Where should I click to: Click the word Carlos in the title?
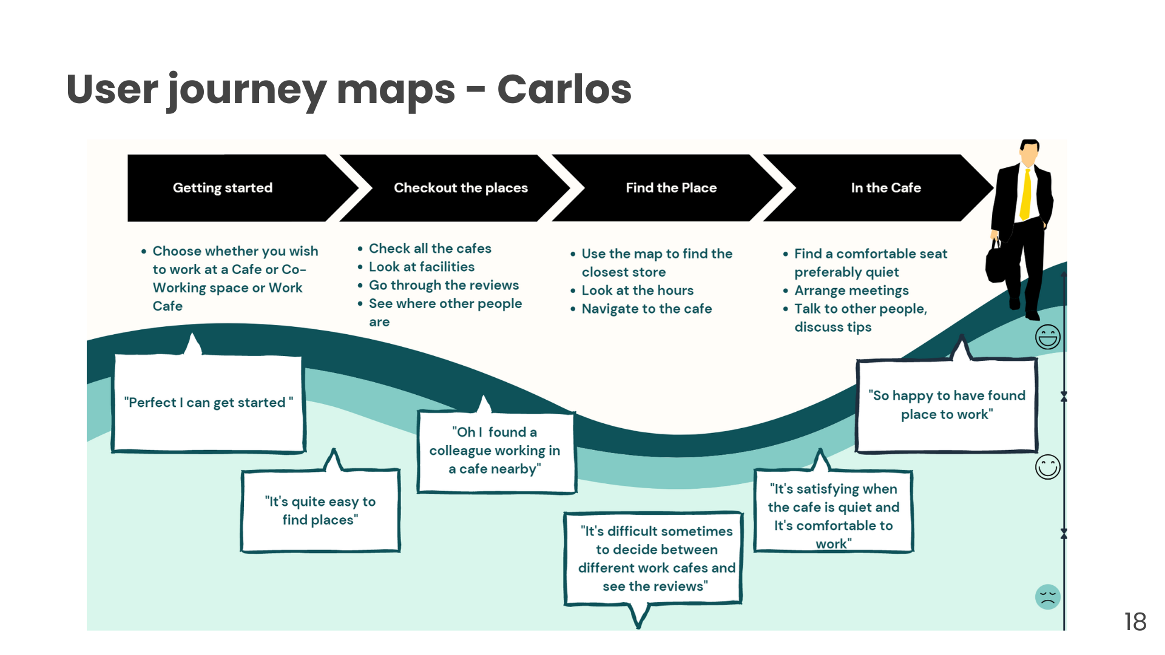(x=564, y=89)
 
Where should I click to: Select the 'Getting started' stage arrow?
(x=223, y=188)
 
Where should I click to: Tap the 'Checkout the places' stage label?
(x=461, y=188)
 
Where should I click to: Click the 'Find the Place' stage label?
(x=671, y=188)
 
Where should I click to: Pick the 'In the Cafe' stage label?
(x=885, y=188)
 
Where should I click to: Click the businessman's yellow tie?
(x=1026, y=194)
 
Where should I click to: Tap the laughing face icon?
(x=1048, y=337)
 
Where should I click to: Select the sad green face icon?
(x=1048, y=597)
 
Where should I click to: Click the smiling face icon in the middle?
(x=1048, y=467)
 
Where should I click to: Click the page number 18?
(x=1135, y=622)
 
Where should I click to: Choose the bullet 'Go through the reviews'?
(x=444, y=285)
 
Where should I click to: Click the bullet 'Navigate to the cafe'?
(x=646, y=309)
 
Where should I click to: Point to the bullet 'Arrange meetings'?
(x=851, y=291)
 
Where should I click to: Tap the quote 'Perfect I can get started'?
(x=208, y=403)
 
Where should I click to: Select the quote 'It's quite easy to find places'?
(x=320, y=511)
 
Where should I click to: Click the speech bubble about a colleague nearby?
(x=495, y=451)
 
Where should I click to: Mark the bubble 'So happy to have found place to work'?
(x=947, y=405)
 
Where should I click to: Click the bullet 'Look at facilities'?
(x=422, y=267)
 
